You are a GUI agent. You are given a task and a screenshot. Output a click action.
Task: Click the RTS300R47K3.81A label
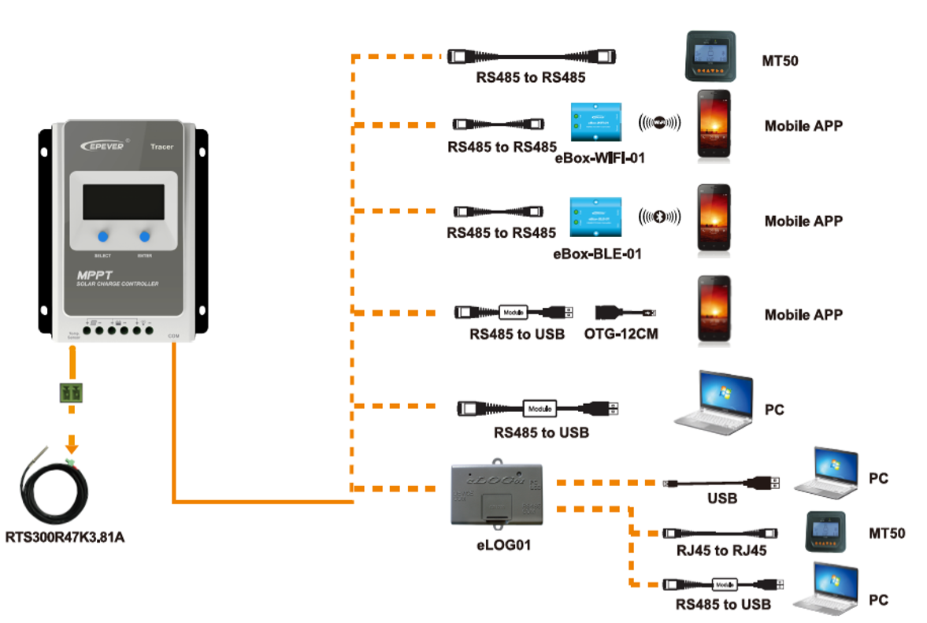pyautogui.click(x=65, y=539)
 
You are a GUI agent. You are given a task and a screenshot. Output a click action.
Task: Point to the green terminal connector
pyautogui.click(x=72, y=391)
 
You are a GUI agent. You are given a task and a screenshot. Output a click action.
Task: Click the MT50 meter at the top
pyautogui.click(x=710, y=57)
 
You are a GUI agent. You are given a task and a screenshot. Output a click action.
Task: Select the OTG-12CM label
pyautogui.click(x=621, y=334)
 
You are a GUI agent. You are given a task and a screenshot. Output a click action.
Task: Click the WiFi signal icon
pyautogui.click(x=659, y=122)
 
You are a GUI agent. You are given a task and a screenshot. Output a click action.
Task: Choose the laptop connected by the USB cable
pyautogui.click(x=825, y=474)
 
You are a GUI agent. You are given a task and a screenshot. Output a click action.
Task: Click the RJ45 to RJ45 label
pyautogui.click(x=720, y=551)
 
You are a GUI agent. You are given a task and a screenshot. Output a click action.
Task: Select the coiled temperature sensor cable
pyautogui.click(x=55, y=488)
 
